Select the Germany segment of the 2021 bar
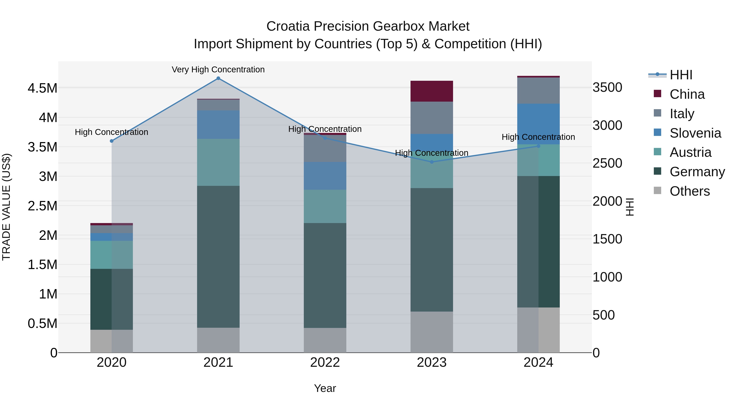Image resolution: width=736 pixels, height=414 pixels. pyautogui.click(x=218, y=257)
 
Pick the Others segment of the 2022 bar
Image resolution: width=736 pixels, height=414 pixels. pyautogui.click(x=325, y=340)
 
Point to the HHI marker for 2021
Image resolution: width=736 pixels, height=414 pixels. pyautogui.click(x=218, y=78)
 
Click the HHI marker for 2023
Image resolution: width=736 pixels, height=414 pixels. pyautogui.click(x=432, y=162)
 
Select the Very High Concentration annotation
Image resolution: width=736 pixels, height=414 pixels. pyautogui.click(x=218, y=70)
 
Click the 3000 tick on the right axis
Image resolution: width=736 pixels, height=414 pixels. pyautogui.click(x=607, y=125)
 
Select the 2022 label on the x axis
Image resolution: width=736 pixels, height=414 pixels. pyautogui.click(x=325, y=362)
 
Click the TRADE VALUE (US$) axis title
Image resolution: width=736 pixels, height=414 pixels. pyautogui.click(x=6, y=207)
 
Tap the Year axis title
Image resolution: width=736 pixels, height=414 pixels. pyautogui.click(x=325, y=388)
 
